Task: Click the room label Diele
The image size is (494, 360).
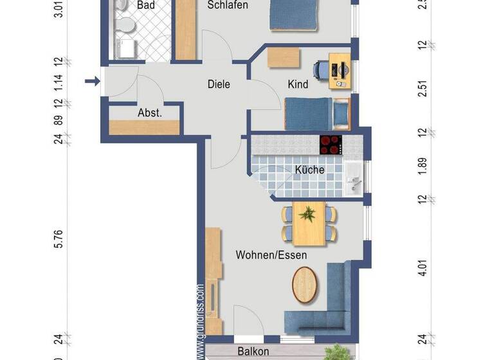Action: click(219, 84)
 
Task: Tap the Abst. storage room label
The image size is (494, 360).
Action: click(149, 113)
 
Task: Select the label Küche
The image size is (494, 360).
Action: click(309, 170)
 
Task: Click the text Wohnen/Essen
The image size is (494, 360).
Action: click(271, 255)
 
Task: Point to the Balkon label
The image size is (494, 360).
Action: click(253, 352)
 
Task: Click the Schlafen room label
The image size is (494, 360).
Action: click(228, 5)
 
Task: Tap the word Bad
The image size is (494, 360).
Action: click(146, 5)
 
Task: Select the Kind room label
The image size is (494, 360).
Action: click(298, 84)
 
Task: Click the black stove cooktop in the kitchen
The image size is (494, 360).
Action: click(331, 144)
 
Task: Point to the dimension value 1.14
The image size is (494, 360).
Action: click(59, 82)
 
